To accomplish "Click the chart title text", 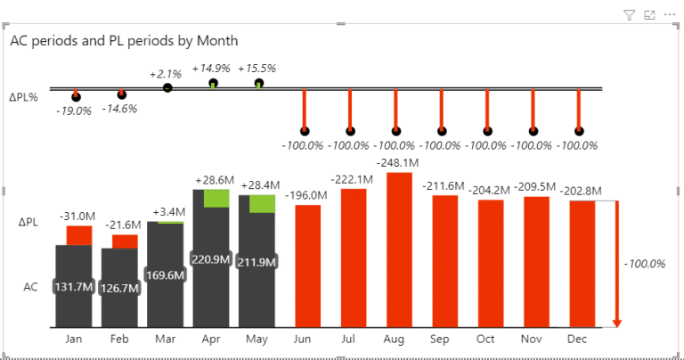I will pyautogui.click(x=124, y=41).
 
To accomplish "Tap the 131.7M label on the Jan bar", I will pyautogui.click(x=73, y=287).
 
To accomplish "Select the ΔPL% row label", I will pyautogui.click(x=24, y=97).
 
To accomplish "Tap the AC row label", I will pyautogui.click(x=30, y=287).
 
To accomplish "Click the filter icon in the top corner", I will pyautogui.click(x=628, y=15).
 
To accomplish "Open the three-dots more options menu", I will pyautogui.click(x=670, y=15).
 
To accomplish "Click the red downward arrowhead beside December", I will pyautogui.click(x=616, y=323).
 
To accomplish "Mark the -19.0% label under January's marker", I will pyautogui.click(x=73, y=111).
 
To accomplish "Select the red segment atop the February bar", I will pyautogui.click(x=125, y=241).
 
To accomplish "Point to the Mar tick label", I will pyautogui.click(x=165, y=340).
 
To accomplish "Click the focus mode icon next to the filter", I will pyautogui.click(x=649, y=15).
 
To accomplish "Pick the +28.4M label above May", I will pyautogui.click(x=261, y=184).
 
